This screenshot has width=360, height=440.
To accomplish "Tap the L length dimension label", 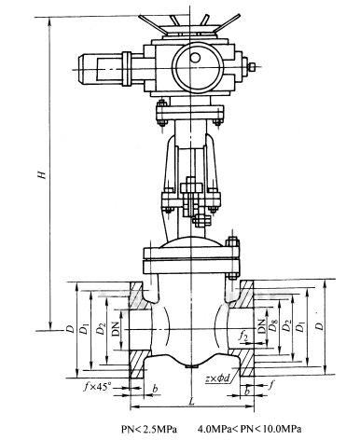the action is [192, 401].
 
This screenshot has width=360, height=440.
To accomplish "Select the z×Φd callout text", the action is [217, 378].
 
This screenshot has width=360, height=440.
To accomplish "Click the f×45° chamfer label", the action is [97, 387].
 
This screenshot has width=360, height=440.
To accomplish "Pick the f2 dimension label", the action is [243, 337].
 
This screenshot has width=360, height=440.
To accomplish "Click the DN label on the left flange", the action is [116, 329].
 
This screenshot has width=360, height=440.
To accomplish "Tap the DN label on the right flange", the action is [262, 326].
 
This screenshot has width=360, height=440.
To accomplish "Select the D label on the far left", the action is [70, 329].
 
